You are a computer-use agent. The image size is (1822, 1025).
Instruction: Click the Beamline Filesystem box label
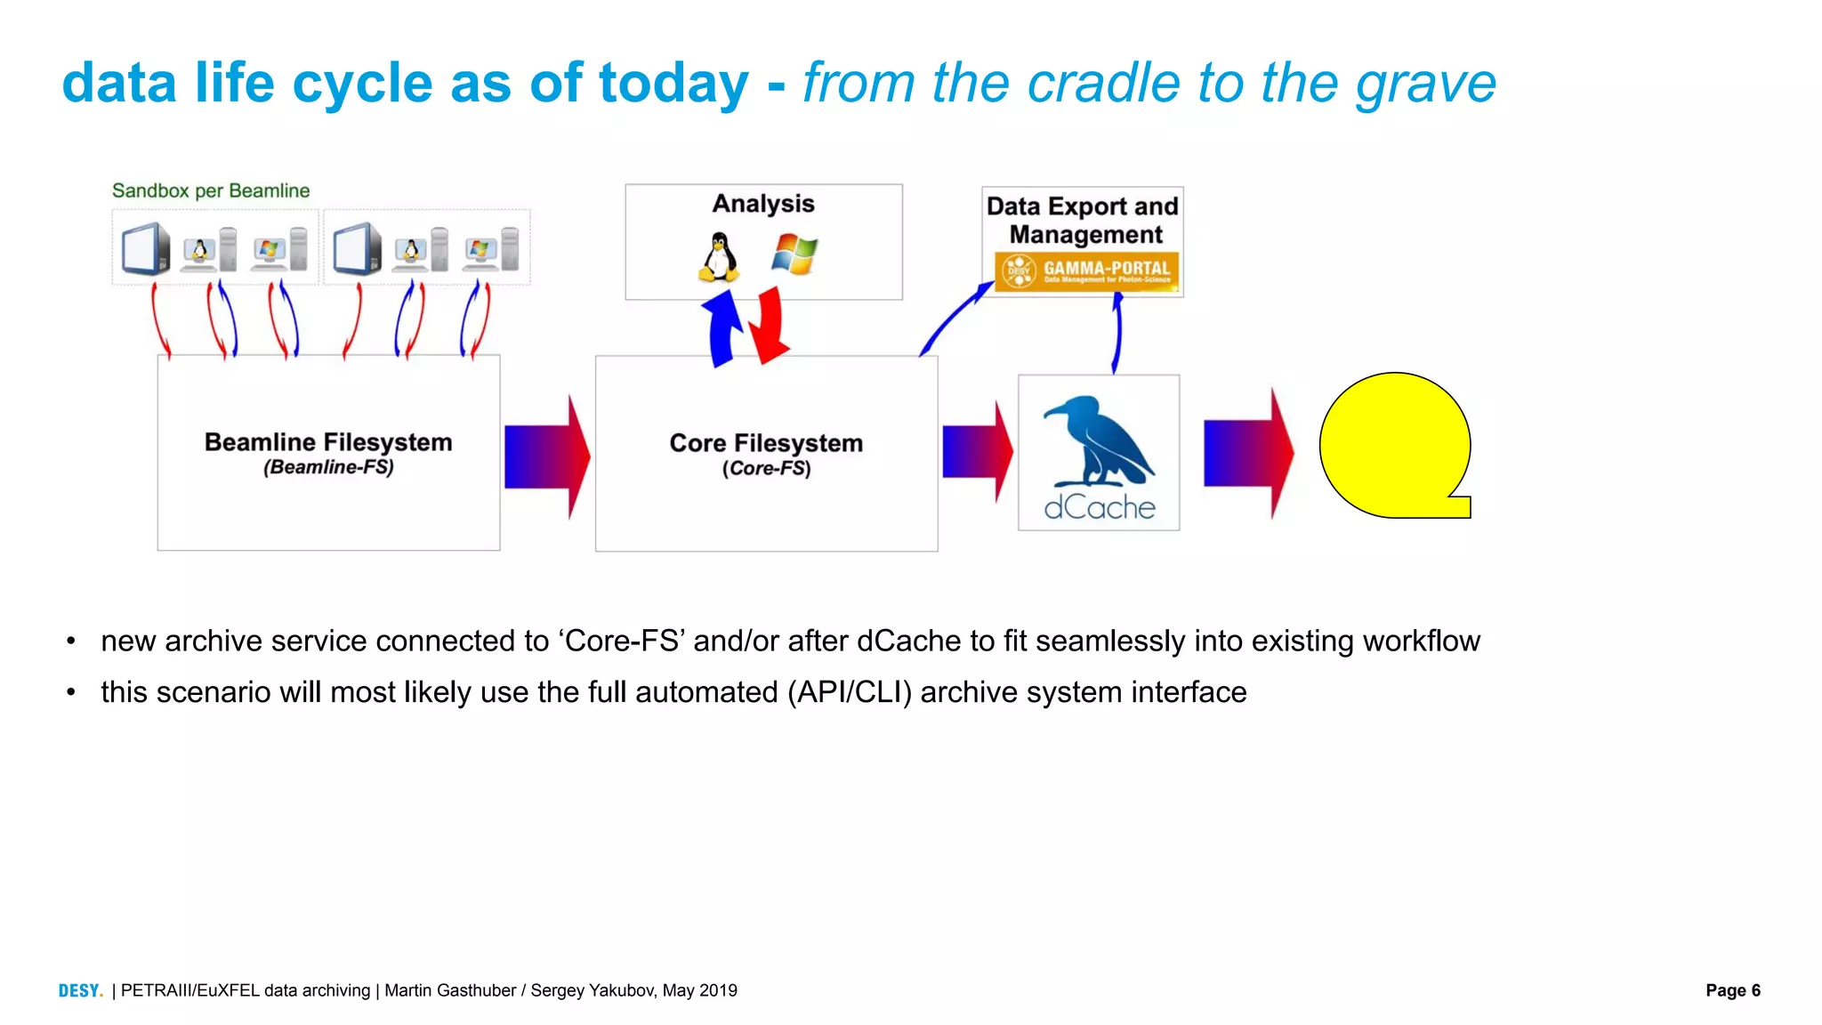pos(328,442)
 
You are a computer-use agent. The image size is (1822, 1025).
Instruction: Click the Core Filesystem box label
pos(766,443)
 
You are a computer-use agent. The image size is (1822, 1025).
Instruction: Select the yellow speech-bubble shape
pos(1393,445)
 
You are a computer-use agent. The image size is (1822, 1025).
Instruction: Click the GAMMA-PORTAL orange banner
pos(1086,270)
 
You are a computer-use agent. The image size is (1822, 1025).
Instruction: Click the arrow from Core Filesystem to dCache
pos(977,452)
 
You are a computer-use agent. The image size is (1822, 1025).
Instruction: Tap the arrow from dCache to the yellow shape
pos(1247,454)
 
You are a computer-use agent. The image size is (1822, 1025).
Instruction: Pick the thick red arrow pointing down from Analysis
pos(769,326)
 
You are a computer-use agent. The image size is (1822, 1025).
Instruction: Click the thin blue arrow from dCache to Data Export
pos(1117,334)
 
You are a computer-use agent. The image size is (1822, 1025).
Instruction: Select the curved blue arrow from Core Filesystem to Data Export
pos(953,319)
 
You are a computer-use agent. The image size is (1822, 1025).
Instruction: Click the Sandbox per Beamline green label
pos(211,190)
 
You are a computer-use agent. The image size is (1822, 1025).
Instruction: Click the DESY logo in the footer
pos(80,990)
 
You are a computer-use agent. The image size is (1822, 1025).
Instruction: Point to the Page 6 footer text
pos(1732,990)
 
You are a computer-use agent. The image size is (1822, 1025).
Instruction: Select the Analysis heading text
pos(763,204)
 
